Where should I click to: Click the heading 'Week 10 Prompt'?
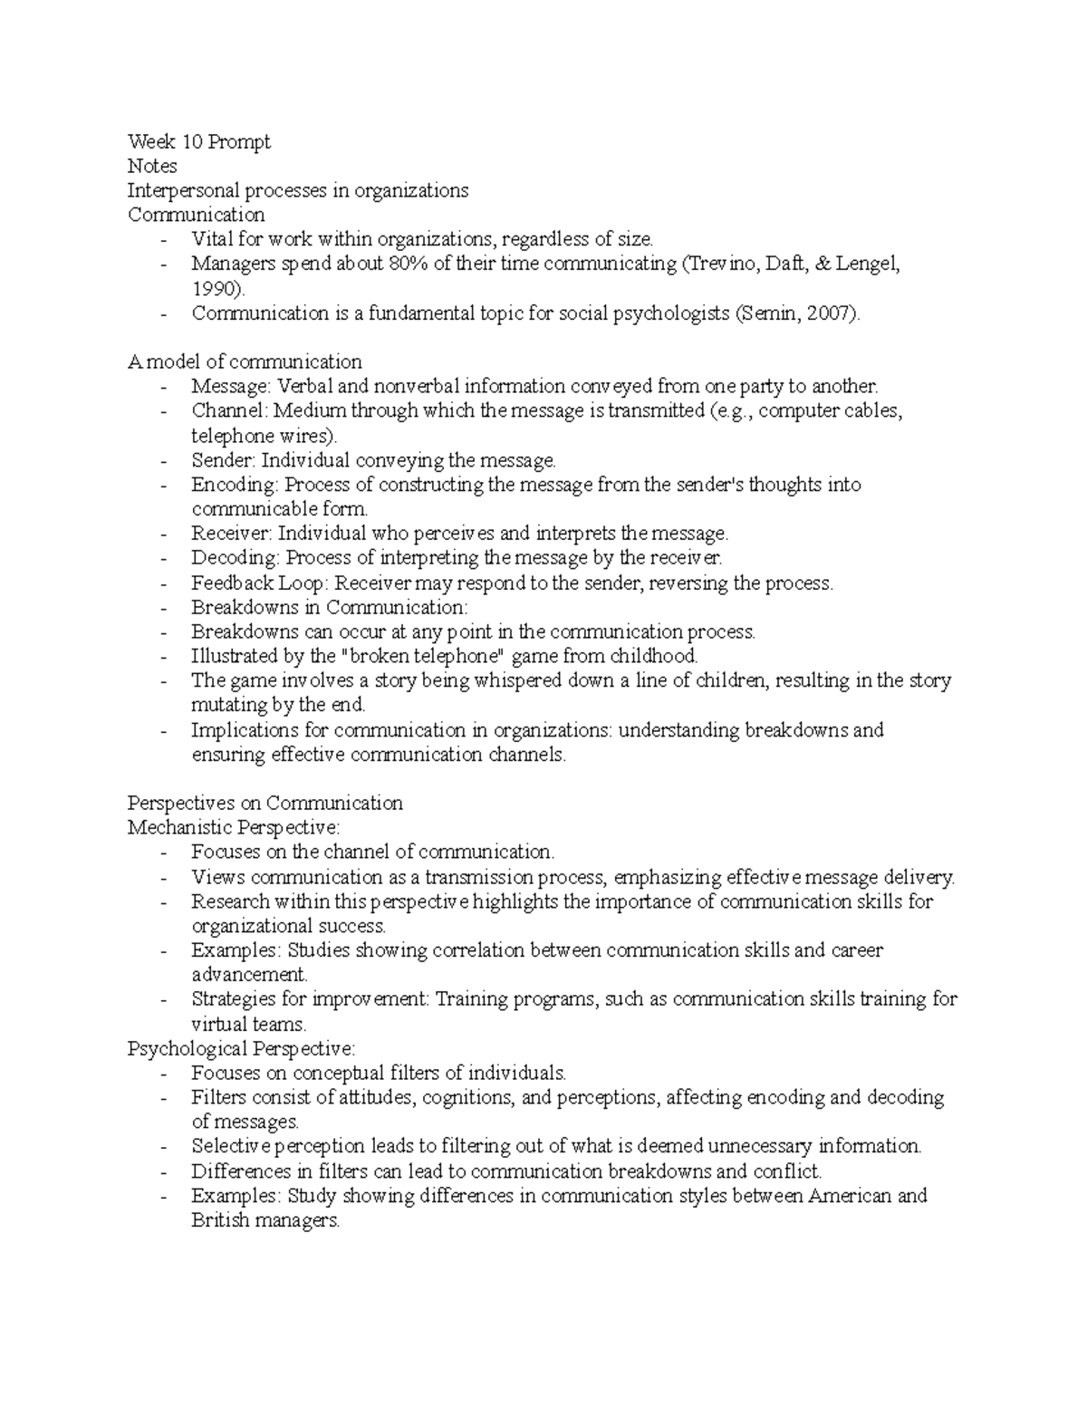[x=198, y=142]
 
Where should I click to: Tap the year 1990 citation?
[x=216, y=289]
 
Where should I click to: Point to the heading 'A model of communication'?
[x=245, y=362]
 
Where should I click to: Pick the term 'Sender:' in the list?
[x=223, y=460]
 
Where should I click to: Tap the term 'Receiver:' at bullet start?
[x=231, y=534]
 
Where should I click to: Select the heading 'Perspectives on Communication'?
[x=265, y=803]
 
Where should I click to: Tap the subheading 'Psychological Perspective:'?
[x=242, y=1048]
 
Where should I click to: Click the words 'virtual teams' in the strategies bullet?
[x=247, y=1025]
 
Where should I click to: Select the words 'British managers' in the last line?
[x=264, y=1220]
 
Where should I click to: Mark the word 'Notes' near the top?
[x=152, y=167]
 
